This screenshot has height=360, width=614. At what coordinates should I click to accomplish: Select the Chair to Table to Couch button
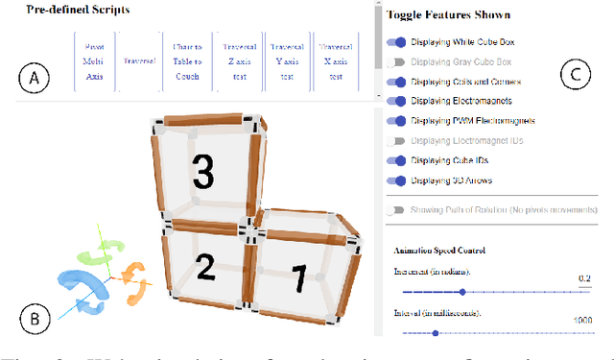point(189,60)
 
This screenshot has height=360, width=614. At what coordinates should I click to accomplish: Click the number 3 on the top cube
point(203,171)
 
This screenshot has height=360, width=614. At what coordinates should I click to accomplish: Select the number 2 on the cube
point(205,266)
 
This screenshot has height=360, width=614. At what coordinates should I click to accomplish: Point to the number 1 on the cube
point(298,279)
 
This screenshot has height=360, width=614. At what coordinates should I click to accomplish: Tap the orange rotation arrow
point(136,280)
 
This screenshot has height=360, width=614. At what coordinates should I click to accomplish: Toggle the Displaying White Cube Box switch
point(395,42)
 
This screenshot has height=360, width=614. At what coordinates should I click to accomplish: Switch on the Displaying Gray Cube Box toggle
point(395,61)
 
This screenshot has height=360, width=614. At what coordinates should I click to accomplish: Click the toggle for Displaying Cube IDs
point(395,160)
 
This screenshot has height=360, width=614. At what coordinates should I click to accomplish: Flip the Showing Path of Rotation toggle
point(395,209)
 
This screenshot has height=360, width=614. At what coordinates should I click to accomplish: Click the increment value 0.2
point(584,278)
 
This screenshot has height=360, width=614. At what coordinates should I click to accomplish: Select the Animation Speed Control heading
point(438,251)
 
